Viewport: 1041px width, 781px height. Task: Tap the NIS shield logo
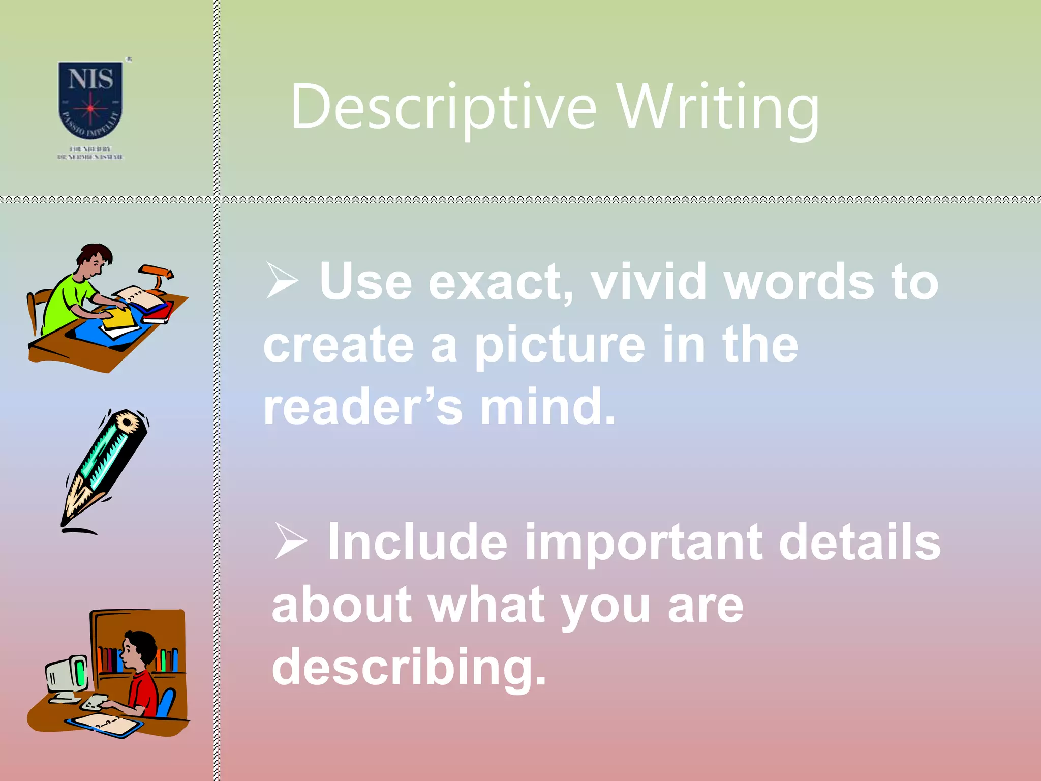point(90,100)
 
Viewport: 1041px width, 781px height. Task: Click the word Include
point(417,543)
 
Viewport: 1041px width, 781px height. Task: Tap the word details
point(860,543)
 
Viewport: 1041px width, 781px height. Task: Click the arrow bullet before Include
point(290,541)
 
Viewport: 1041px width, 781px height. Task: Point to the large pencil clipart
point(105,468)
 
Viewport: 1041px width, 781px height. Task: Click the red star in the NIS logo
point(90,108)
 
